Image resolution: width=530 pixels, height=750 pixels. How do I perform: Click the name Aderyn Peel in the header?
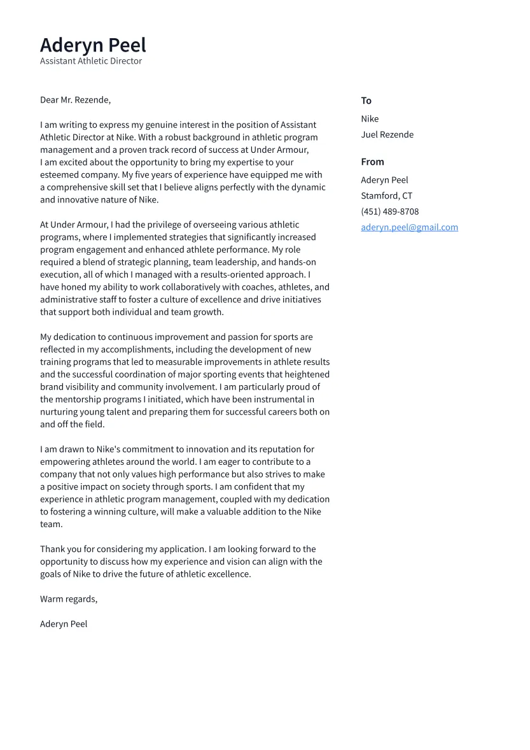point(93,45)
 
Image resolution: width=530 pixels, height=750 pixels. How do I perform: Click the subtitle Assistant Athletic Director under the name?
point(91,61)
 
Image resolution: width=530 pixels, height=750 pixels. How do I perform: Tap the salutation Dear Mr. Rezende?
point(75,100)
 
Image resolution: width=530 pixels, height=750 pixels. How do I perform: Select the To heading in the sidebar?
point(366,101)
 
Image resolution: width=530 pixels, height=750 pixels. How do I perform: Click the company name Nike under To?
point(370,119)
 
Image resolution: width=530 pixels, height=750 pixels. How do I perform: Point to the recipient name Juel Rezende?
point(387,135)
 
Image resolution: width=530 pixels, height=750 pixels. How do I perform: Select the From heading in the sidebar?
point(372,162)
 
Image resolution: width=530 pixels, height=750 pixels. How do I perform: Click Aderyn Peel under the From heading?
point(384,180)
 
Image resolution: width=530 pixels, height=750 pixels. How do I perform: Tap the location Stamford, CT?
point(386,196)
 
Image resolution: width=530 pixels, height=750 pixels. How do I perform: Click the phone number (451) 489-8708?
point(389,211)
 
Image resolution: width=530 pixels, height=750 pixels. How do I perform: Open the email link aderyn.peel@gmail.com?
point(409,227)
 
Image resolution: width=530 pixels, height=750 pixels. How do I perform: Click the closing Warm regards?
point(69,599)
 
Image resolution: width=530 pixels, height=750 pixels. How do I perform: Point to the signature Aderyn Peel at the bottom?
point(64,624)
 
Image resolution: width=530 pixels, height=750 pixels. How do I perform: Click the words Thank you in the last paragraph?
point(60,549)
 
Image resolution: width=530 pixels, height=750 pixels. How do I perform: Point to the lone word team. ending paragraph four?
point(52,525)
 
